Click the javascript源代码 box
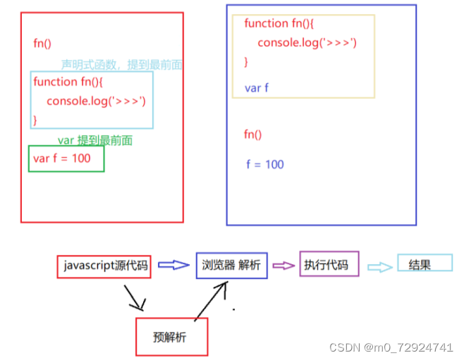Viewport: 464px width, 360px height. tap(104, 266)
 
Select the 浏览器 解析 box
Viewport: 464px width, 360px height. tap(231, 266)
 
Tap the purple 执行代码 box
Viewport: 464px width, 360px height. tap(329, 265)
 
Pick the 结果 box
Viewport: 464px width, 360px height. tap(424, 264)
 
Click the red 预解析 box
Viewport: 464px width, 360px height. tap(171, 337)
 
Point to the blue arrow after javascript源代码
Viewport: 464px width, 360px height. tap(173, 266)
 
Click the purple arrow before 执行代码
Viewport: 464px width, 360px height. tap(283, 266)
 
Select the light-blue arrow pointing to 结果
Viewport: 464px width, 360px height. tap(378, 267)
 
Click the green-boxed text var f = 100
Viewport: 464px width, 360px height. tap(62, 159)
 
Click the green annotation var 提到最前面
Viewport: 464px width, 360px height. tap(95, 141)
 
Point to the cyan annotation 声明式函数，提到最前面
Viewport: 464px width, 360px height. tap(122, 65)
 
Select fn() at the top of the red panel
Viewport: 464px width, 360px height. tap(42, 43)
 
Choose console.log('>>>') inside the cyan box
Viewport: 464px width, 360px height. tap(96, 101)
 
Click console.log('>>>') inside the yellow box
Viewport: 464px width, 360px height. tap(307, 43)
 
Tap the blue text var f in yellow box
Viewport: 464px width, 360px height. tap(257, 88)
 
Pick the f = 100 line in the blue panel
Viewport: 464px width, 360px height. tap(265, 164)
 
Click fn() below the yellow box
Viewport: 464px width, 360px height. tap(252, 135)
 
